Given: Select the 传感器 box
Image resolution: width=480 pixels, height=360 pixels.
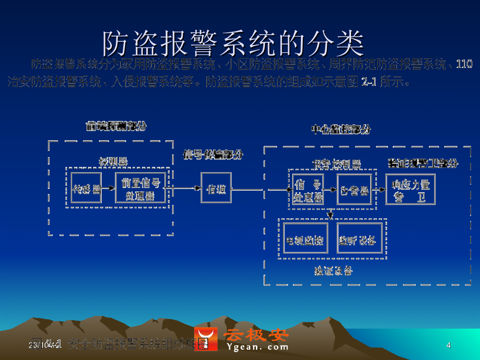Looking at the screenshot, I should point(86,188).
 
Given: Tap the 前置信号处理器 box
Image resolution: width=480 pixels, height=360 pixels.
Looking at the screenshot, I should point(141,188).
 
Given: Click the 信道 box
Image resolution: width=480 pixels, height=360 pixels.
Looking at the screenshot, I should point(216,188).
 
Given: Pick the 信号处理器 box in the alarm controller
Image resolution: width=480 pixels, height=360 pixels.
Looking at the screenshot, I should point(307,190).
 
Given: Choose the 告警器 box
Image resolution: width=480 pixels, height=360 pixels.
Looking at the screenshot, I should point(354,190).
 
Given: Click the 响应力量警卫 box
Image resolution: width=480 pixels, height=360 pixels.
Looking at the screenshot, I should point(410,190).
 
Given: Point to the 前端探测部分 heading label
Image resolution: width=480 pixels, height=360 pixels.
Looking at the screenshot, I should point(116,126).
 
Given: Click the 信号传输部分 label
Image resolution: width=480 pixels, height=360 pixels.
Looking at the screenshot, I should point(213,155).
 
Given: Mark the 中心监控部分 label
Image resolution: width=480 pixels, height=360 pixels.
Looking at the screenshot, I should point(341,129).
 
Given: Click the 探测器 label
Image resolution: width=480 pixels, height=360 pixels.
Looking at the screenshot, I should point(112,161).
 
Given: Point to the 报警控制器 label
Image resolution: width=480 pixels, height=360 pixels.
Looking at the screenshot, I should point(337,164).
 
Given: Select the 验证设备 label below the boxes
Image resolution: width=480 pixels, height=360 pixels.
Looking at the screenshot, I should point(333,270).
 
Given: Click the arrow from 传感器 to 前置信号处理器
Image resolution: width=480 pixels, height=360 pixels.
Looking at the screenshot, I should point(108,188).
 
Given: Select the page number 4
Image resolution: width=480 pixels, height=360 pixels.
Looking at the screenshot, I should point(449,345).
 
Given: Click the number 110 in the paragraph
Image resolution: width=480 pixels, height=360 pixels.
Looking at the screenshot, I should point(464,64).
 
